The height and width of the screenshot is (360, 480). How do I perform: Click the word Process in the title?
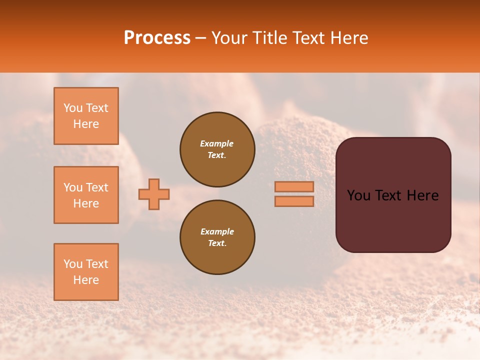pyautogui.click(x=157, y=38)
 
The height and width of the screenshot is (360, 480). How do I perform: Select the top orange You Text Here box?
pyautogui.click(x=86, y=116)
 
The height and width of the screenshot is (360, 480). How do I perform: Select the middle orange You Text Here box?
pyautogui.click(x=86, y=195)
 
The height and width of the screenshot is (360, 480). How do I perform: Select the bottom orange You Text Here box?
pyautogui.click(x=86, y=272)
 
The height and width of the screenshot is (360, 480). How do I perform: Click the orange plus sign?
pyautogui.click(x=154, y=194)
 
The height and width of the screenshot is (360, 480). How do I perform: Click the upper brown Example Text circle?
pyautogui.click(x=217, y=149)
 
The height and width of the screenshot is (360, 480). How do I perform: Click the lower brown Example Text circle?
pyautogui.click(x=217, y=237)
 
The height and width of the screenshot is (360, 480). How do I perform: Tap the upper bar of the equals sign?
pyautogui.click(x=294, y=187)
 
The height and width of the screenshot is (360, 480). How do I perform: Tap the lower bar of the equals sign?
pyautogui.click(x=294, y=201)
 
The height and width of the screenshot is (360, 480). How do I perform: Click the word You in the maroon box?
pyautogui.click(x=359, y=195)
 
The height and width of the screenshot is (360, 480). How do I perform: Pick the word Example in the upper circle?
pyautogui.click(x=217, y=143)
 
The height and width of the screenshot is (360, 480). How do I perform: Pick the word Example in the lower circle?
pyautogui.click(x=217, y=231)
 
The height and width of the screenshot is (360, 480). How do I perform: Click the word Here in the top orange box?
pyautogui.click(x=86, y=124)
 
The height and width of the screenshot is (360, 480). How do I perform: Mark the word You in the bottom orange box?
pyautogui.click(x=73, y=264)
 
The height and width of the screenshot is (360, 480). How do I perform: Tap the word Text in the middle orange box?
pyautogui.click(x=96, y=187)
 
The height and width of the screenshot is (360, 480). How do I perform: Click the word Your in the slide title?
pyautogui.click(x=230, y=38)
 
